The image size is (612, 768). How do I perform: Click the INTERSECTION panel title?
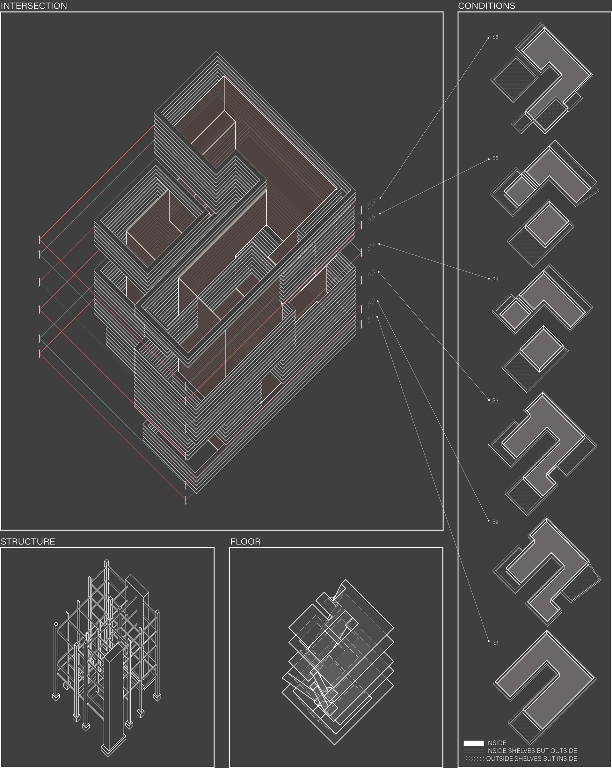(34, 6)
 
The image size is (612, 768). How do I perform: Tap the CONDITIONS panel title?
(486, 6)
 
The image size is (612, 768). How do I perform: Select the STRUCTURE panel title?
(28, 542)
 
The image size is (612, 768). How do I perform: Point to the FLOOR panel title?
(245, 542)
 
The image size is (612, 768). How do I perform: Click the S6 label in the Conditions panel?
(495, 37)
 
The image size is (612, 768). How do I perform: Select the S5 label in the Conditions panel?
(495, 158)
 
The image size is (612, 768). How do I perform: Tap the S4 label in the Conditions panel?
(495, 279)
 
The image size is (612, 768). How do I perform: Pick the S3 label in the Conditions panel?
(495, 400)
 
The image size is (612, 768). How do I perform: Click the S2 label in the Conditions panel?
(495, 521)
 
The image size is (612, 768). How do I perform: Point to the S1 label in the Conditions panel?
(496, 643)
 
